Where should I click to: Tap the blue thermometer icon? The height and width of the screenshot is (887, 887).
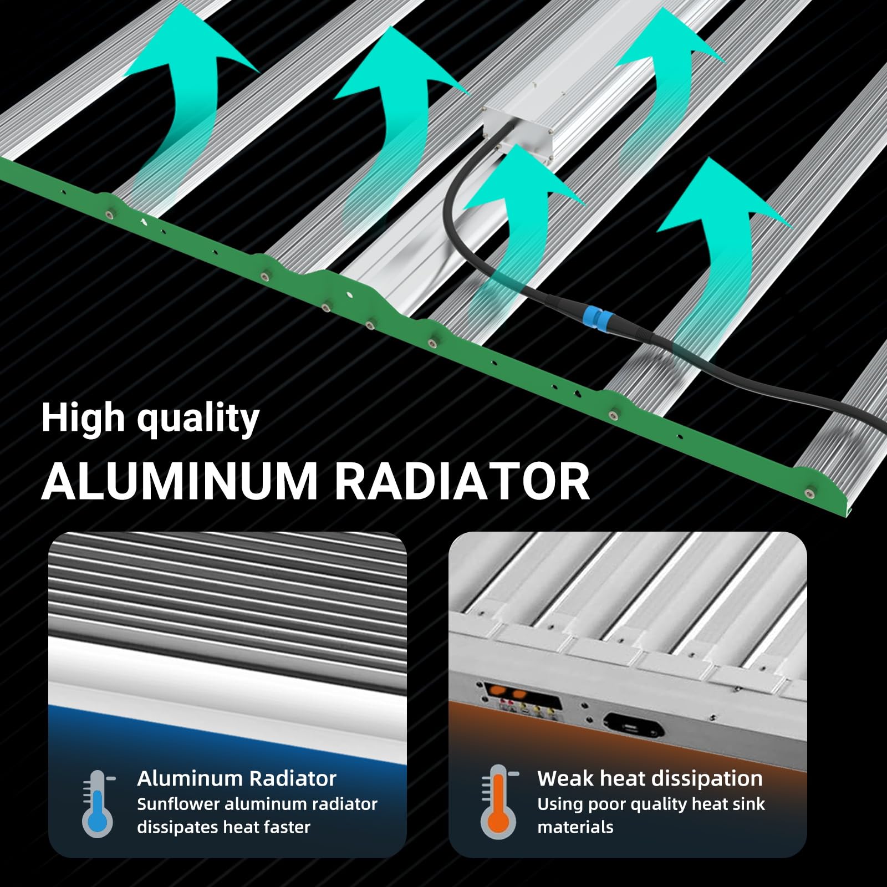click(98, 803)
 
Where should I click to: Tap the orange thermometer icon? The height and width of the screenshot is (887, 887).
click(498, 802)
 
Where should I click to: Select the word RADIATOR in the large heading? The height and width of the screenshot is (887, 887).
click(462, 480)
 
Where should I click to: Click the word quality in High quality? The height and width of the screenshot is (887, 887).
click(198, 420)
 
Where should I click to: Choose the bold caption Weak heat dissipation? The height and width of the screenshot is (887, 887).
click(650, 778)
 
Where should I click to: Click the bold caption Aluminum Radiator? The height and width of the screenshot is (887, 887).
click(237, 778)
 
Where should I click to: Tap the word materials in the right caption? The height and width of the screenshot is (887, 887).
click(575, 827)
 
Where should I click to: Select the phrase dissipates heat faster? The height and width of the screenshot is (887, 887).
click(224, 827)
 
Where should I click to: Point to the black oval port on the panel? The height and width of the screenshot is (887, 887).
click(633, 726)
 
